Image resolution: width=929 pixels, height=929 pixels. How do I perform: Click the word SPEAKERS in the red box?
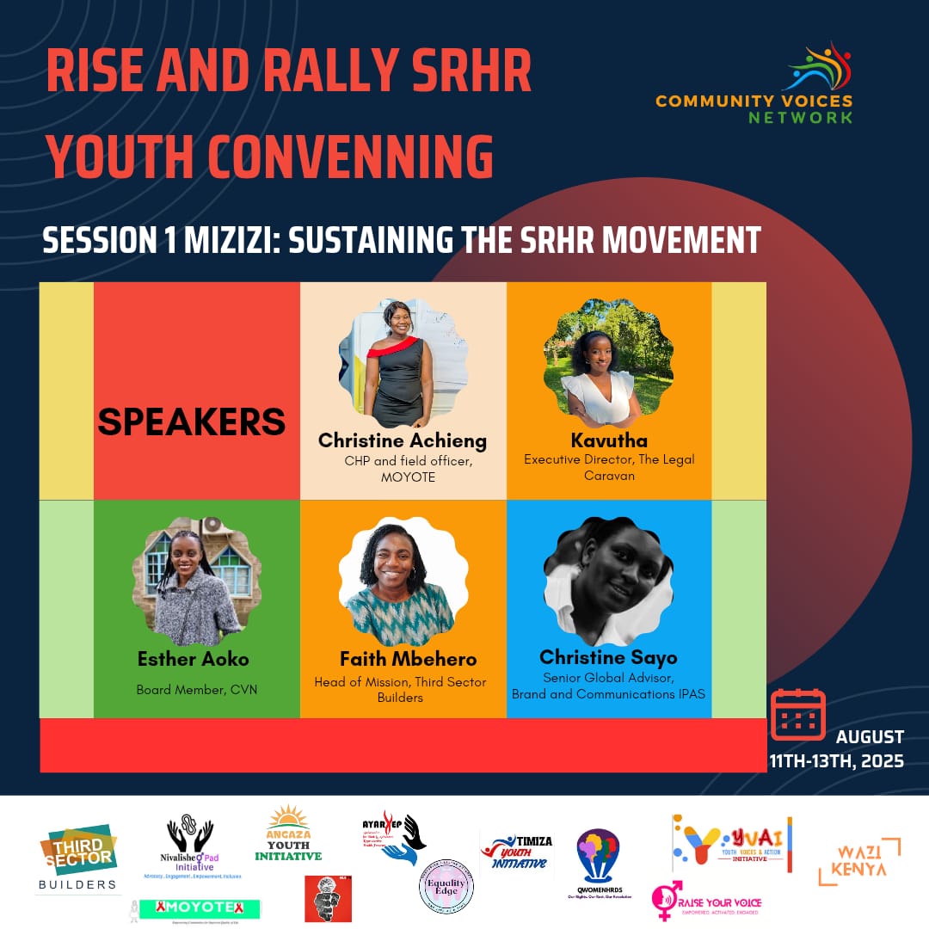click(x=191, y=421)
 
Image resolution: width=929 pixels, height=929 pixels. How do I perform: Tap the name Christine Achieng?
click(x=403, y=440)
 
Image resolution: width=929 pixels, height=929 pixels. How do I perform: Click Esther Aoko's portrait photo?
click(x=197, y=581)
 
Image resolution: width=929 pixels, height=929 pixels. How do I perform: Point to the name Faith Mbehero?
click(x=408, y=659)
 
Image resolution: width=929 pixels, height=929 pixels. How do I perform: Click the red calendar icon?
click(x=797, y=713)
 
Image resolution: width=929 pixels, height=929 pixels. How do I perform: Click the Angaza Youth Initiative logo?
click(x=288, y=834)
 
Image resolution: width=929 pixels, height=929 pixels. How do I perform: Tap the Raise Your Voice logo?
click(x=706, y=901)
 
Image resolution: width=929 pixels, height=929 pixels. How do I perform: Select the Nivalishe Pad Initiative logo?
click(x=191, y=847)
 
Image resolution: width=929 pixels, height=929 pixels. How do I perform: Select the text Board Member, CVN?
click(x=196, y=689)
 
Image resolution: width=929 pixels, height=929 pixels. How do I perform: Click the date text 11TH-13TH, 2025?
click(x=836, y=760)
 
